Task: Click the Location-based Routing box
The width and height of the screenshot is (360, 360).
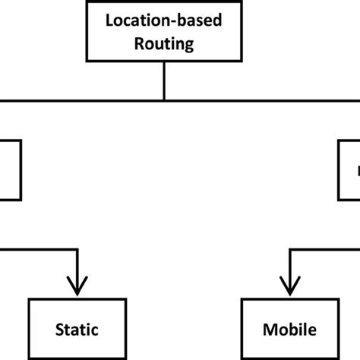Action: [x=164, y=31]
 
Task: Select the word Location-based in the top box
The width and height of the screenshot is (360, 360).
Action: [x=164, y=21]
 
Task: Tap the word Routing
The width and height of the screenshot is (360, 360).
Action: [x=164, y=43]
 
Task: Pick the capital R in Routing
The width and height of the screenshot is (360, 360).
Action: [x=139, y=43]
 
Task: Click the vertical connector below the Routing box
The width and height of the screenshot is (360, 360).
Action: [x=164, y=81]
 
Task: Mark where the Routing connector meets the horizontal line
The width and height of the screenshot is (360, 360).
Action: [x=164, y=99]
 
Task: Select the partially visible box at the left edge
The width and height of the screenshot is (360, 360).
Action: [x=10, y=169]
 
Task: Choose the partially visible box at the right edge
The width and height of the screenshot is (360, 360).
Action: [x=349, y=169]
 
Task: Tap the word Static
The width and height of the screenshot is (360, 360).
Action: [x=77, y=330]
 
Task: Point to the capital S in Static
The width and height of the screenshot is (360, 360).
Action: [x=60, y=330]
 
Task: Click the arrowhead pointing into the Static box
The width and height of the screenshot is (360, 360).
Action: [x=77, y=286]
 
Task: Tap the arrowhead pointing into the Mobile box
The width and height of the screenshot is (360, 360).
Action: [x=289, y=286]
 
